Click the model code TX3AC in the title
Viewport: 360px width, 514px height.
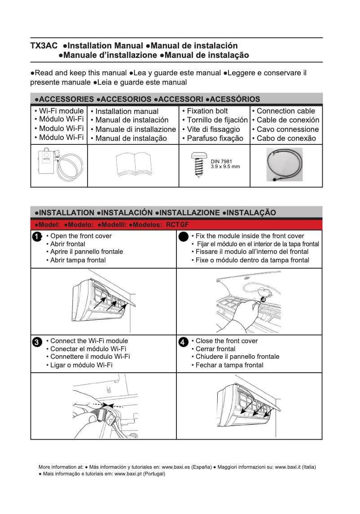coord(44,46)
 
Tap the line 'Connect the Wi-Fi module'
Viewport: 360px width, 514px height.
coord(89,341)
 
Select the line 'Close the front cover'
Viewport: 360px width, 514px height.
coord(227,341)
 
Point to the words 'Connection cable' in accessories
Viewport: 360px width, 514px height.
coord(285,111)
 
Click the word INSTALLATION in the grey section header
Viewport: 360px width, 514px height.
coord(67,213)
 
